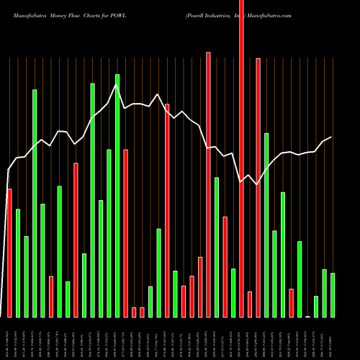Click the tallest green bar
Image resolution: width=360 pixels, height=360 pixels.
tap(117, 195)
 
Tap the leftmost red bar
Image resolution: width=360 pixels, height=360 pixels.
tap(9, 253)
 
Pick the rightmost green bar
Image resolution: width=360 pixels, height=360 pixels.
tap(333, 295)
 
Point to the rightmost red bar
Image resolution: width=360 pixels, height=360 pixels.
tap(291, 302)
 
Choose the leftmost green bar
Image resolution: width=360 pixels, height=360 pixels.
tap(18, 263)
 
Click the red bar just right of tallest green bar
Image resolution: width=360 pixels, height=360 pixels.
tap(125, 233)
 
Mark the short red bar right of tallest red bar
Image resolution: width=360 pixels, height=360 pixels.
tap(250, 304)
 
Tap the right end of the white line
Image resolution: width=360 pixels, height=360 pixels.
tap(332, 137)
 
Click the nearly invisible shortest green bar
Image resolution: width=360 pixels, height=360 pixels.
tap(307, 316)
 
